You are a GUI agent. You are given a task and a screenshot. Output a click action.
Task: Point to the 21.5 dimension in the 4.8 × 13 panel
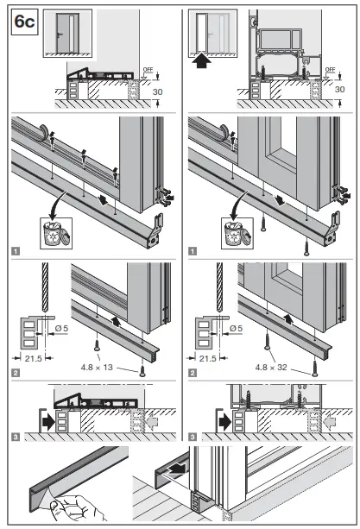pos(27,357)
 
